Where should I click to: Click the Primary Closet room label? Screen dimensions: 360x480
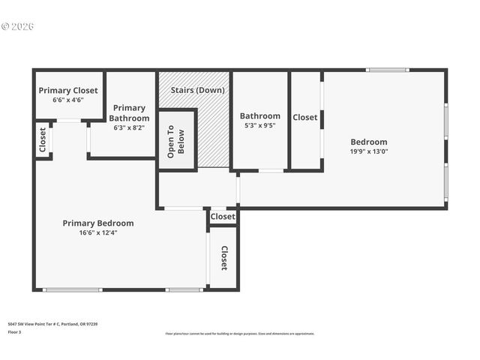(x=68, y=90)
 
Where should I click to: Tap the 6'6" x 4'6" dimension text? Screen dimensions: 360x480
(x=68, y=100)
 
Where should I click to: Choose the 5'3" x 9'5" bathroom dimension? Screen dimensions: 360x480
(x=259, y=125)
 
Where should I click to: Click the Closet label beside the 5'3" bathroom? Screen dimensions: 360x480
(x=304, y=117)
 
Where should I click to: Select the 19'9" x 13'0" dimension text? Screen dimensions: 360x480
(x=369, y=151)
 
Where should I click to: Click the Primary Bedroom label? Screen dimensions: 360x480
(x=98, y=223)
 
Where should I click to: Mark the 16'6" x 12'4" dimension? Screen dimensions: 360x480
(x=98, y=232)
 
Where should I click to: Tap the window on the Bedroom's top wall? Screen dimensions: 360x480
(x=388, y=70)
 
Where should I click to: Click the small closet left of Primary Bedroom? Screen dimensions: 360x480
(x=43, y=139)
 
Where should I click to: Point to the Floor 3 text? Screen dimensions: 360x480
(x=15, y=331)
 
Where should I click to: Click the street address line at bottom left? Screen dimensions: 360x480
(x=52, y=324)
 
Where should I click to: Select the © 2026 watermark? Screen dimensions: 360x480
(x=18, y=26)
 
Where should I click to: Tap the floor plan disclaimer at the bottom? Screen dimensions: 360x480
(x=240, y=334)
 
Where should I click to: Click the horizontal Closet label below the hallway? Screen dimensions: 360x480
(x=223, y=217)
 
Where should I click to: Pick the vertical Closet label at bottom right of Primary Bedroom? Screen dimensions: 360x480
(x=223, y=257)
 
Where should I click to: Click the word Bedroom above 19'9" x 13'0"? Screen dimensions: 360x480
(x=369, y=142)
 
